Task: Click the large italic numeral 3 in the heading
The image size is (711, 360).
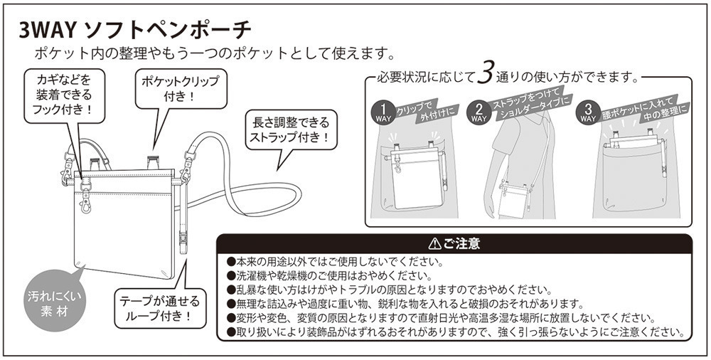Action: coord(485,74)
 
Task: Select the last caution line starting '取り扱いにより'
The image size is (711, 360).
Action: coord(455,332)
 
